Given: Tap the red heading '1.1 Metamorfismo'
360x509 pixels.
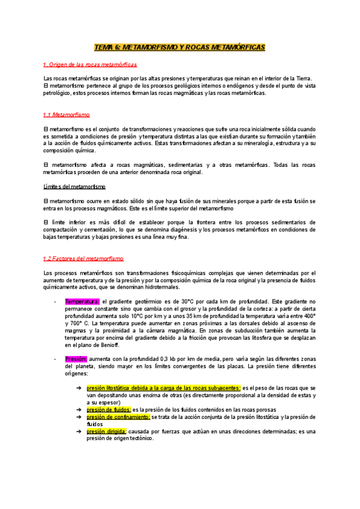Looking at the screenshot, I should (x=67, y=114).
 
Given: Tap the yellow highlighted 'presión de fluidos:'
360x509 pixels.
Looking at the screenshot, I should (x=109, y=409).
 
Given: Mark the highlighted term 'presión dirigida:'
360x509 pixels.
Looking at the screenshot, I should (x=106, y=430).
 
